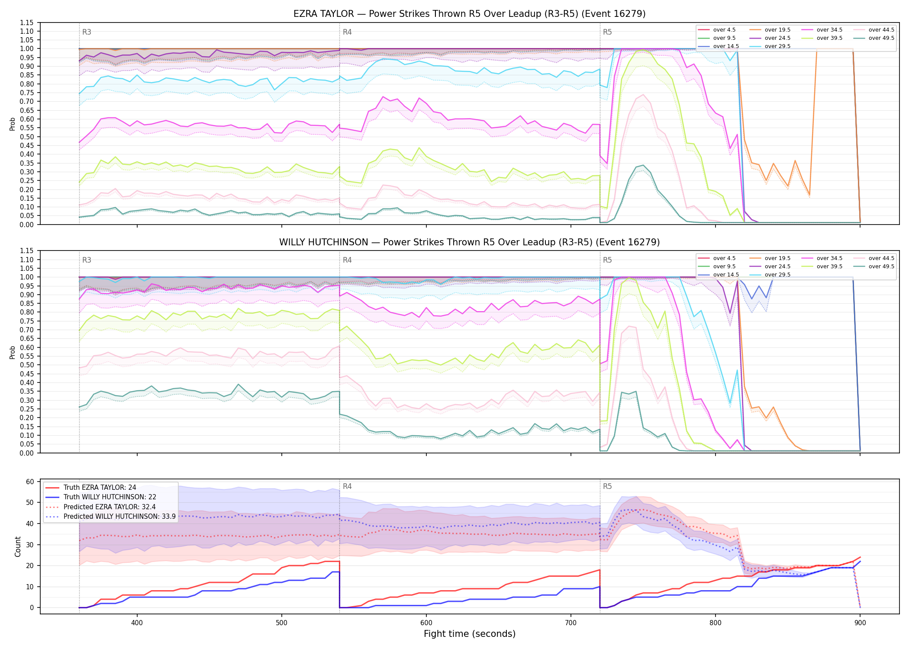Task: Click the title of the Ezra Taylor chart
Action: click(469, 14)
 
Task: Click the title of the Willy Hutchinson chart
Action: click(469, 242)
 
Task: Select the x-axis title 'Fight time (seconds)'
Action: click(470, 634)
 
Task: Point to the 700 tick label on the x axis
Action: click(571, 623)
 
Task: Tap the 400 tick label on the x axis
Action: click(137, 623)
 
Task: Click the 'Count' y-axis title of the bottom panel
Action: click(18, 546)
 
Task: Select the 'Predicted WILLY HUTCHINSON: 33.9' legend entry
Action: click(110, 517)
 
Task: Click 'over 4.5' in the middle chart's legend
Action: click(717, 258)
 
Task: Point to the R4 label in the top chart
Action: click(347, 32)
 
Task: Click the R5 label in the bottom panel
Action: click(607, 486)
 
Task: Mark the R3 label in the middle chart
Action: click(87, 260)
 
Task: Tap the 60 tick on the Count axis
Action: click(30, 482)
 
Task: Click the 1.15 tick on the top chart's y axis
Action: click(27, 22)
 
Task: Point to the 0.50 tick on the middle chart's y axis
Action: click(27, 365)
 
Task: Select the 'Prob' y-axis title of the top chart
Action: click(13, 124)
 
